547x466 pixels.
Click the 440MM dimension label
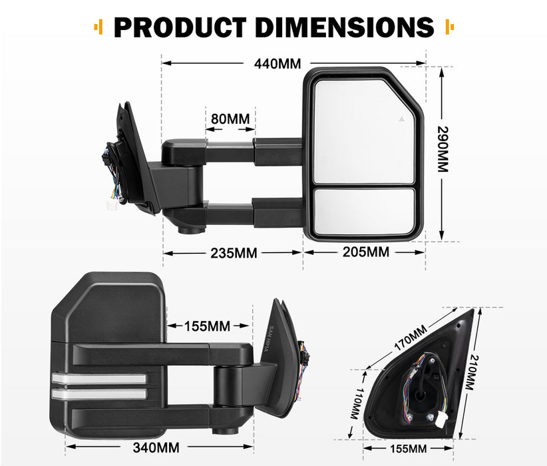click(x=277, y=64)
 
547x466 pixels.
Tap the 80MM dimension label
click(x=230, y=118)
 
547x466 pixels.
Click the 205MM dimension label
click(x=365, y=252)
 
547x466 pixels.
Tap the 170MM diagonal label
click(x=410, y=338)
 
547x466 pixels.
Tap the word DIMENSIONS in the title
click(x=347, y=27)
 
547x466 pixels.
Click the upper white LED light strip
click(x=98, y=379)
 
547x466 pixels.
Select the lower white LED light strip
click(x=98, y=393)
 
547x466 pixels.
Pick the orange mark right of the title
click(x=449, y=28)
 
